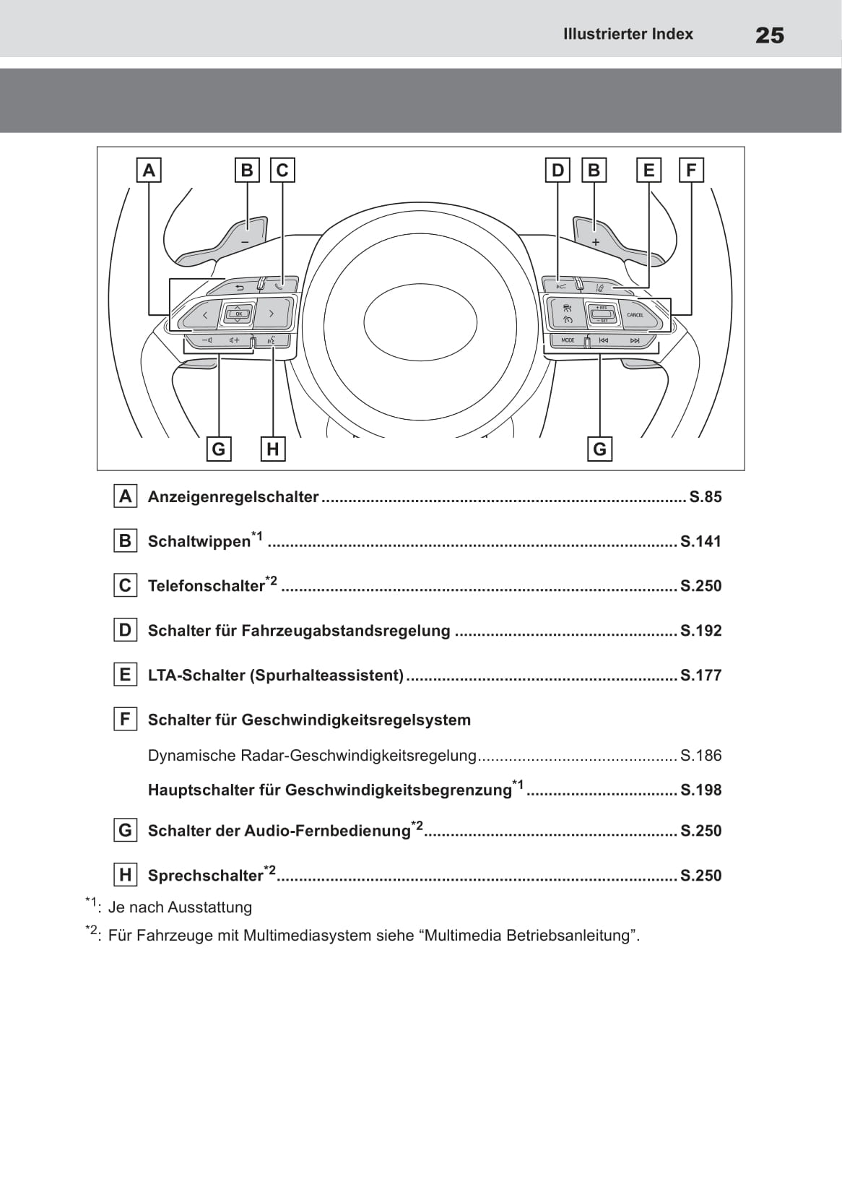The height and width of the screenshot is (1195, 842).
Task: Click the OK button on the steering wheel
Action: (238, 314)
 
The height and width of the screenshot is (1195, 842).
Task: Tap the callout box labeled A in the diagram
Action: (149, 171)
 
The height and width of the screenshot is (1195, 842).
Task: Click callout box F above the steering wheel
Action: (691, 171)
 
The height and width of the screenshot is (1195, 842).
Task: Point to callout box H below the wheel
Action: (272, 449)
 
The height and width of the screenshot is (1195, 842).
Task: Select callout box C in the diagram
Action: (282, 171)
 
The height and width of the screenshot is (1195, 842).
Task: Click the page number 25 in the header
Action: (769, 35)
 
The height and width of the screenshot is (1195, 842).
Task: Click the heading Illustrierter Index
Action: (628, 34)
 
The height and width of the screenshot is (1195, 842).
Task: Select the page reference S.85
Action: (706, 497)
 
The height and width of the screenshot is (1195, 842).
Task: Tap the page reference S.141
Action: (700, 542)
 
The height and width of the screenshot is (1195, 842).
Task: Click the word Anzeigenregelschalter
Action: (233, 497)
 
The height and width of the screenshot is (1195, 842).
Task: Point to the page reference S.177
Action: (700, 676)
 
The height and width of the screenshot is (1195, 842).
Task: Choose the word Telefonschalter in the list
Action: (206, 586)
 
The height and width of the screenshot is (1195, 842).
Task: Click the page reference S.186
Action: (700, 756)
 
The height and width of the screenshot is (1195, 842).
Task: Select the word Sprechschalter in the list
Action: (205, 876)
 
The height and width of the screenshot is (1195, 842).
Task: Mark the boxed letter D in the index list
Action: (125, 631)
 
